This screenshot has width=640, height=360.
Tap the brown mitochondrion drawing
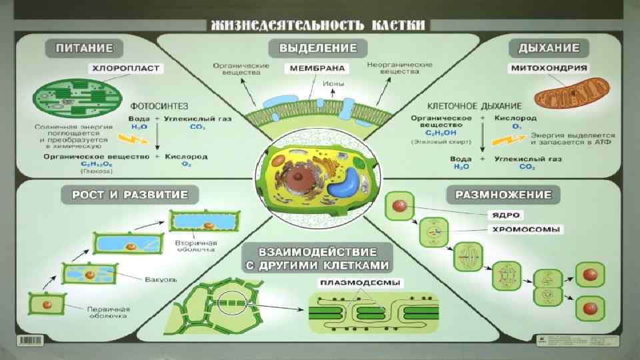click(572, 92)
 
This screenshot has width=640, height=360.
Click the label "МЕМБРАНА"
click(317, 68)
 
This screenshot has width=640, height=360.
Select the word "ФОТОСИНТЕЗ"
click(159, 105)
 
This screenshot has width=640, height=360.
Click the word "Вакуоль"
click(159, 278)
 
